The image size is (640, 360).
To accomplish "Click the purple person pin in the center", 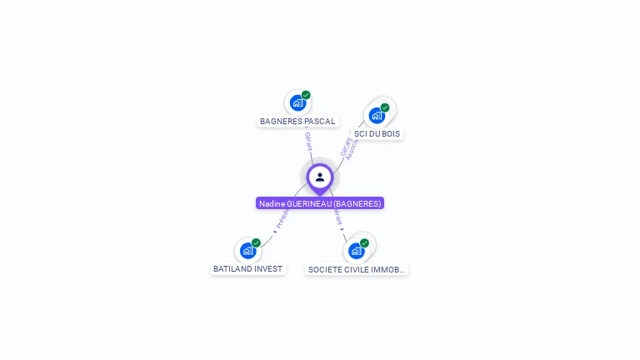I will (x=320, y=177).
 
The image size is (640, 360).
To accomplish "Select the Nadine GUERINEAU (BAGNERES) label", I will (x=320, y=203).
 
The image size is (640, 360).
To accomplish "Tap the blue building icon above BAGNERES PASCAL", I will (x=297, y=103).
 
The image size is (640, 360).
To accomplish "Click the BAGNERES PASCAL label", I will (x=297, y=122).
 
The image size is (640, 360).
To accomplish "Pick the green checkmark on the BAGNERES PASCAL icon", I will (x=306, y=95).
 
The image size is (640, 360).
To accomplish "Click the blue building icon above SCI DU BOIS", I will (x=377, y=115).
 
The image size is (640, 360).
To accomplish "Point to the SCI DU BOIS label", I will (x=377, y=133).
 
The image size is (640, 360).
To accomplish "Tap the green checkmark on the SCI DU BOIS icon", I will (x=385, y=107).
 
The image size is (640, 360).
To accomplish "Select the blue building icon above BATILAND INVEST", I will (x=247, y=250).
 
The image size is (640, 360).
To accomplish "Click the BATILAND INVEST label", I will (x=247, y=269).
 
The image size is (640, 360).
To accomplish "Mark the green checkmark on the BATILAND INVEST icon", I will (x=256, y=242).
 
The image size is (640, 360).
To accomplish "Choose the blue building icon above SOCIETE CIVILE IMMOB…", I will (x=356, y=250).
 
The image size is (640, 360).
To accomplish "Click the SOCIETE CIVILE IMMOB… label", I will (x=356, y=270).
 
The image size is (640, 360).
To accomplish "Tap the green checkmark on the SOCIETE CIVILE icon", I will (x=364, y=242).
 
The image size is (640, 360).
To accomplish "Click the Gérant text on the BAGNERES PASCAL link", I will (x=307, y=141).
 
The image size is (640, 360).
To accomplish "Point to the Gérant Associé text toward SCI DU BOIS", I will (x=348, y=147).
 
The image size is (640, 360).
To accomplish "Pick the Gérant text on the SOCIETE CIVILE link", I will (x=337, y=217).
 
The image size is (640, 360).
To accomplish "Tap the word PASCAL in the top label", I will (x=320, y=122).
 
